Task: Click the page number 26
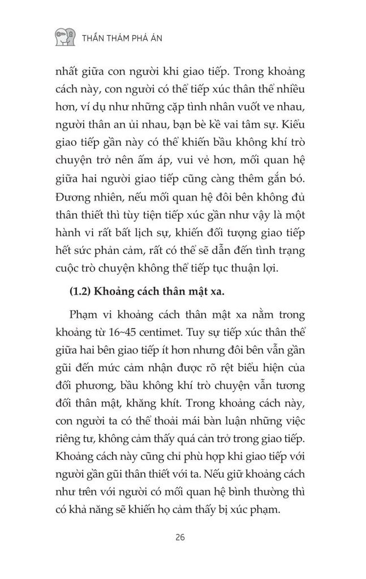[x=183, y=537]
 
